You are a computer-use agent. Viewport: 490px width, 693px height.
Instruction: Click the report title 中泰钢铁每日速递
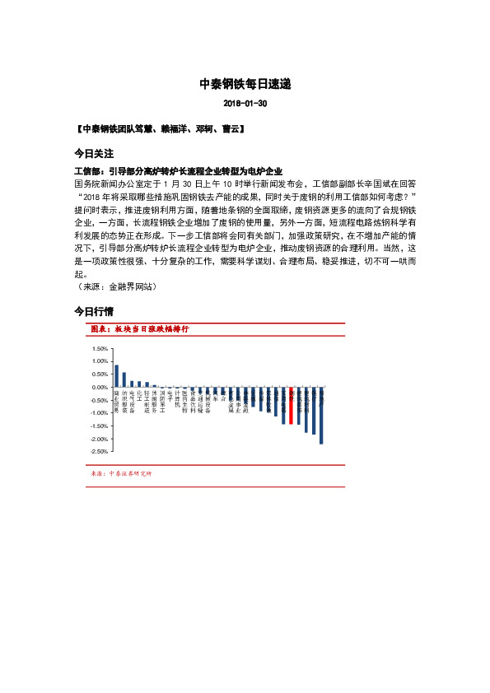coord(245,84)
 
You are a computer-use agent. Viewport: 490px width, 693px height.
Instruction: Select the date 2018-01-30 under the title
coord(245,105)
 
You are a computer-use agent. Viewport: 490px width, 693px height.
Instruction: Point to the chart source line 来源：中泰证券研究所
coord(121,474)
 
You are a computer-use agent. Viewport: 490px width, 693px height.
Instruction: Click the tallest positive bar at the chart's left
coord(116,376)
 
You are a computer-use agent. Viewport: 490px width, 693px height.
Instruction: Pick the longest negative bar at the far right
coord(321,416)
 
